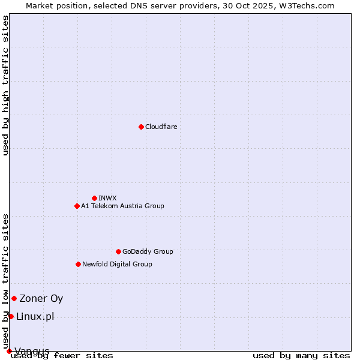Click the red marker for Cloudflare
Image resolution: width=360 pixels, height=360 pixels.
click(141, 127)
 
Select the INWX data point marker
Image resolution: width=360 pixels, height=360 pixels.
click(94, 198)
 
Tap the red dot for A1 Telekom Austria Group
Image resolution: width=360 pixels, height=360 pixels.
click(77, 206)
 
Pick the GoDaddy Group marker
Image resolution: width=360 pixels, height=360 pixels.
click(118, 251)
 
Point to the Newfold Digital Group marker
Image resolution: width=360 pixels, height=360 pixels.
click(78, 264)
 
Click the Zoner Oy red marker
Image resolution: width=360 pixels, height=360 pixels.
click(14, 298)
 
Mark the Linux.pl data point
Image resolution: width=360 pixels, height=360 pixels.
click(11, 316)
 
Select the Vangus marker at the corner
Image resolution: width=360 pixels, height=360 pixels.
click(9, 351)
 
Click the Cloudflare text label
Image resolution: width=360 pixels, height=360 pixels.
click(161, 127)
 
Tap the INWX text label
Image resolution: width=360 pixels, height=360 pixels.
click(107, 198)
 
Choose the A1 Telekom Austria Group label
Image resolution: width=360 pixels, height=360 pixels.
click(122, 206)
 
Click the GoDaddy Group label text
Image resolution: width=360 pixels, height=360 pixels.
click(148, 251)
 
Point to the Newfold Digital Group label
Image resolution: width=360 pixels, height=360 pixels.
click(117, 264)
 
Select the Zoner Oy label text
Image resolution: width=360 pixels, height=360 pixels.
click(41, 298)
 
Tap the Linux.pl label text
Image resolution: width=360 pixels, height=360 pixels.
click(35, 316)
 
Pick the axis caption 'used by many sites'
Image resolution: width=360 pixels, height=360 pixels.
click(301, 355)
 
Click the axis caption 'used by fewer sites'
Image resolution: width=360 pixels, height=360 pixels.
click(62, 355)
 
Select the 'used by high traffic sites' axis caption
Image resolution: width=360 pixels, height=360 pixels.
click(6, 85)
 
